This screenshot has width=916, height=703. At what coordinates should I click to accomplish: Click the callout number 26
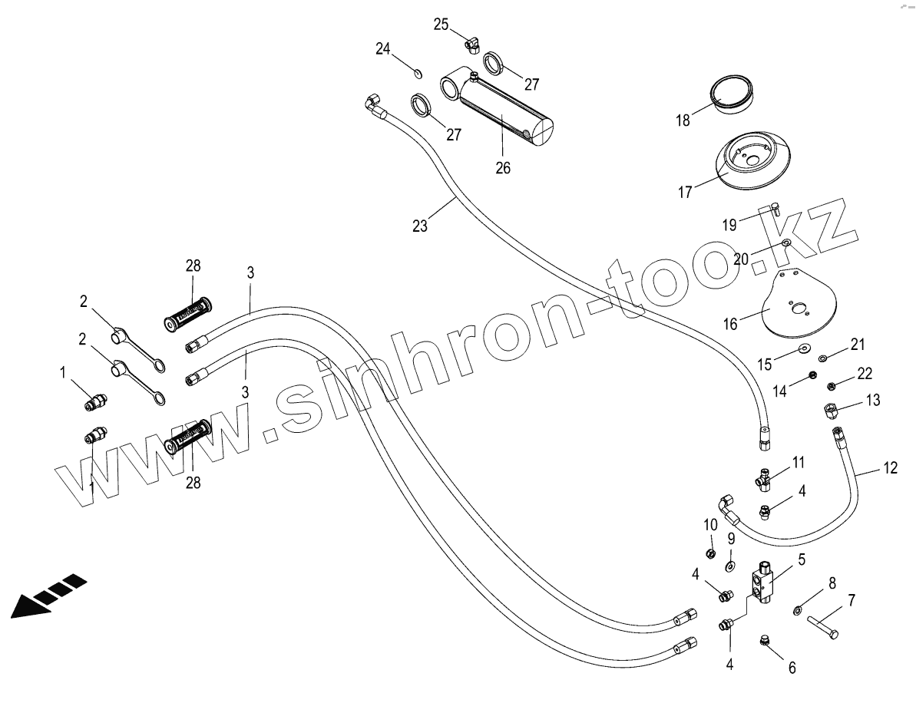click(503, 168)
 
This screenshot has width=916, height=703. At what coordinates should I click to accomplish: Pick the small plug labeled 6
click(765, 639)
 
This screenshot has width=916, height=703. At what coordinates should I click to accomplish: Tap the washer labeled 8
click(799, 610)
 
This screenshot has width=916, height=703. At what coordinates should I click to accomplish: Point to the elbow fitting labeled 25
click(471, 45)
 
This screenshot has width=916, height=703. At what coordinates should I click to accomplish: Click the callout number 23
click(419, 226)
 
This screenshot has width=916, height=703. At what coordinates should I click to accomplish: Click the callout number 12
click(890, 467)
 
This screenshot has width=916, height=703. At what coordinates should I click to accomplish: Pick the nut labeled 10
click(711, 553)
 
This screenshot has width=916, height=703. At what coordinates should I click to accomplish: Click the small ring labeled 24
click(417, 74)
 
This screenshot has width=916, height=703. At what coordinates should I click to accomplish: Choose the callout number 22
click(865, 373)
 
